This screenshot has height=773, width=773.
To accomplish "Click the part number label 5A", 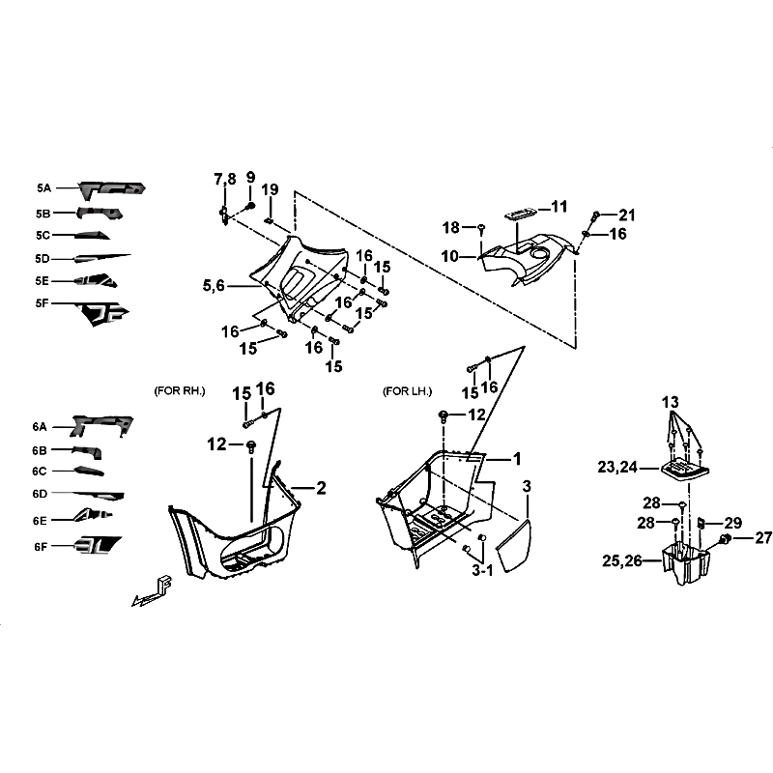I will coord(43,189).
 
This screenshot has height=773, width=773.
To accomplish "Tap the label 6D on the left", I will coord(40,494).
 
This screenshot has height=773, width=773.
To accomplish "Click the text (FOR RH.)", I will coord(180,391).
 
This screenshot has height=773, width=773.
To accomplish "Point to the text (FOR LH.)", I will coord(407,391).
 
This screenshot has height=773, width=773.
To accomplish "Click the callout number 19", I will coord(271,188).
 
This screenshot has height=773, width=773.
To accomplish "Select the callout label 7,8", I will coord(224,180).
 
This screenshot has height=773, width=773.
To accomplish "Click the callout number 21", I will coord(627,215).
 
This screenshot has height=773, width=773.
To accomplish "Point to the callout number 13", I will coord(670,401).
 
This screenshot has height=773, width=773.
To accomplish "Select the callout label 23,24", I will coord(617,467).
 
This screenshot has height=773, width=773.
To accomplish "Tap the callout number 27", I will coord(763,537).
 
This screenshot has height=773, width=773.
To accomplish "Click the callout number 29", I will coord(733,523).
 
